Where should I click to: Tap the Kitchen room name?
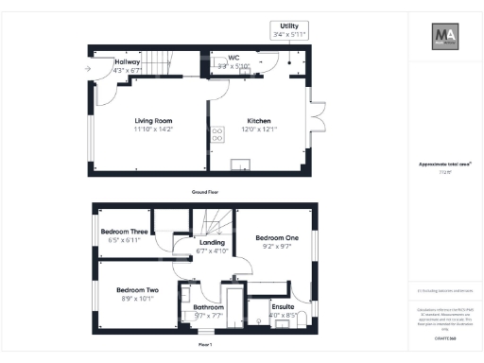coord(260,122)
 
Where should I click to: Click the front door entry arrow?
coord(87,69)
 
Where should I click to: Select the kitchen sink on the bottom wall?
coord(243,169)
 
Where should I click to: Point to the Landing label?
coord(212,244)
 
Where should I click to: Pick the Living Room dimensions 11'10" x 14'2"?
coord(152,130)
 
